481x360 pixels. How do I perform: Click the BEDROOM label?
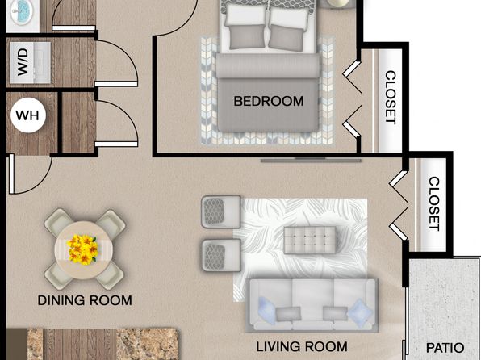point(269,101)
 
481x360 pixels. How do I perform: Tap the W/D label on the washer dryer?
point(23,62)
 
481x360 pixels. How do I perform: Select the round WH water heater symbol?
point(28,115)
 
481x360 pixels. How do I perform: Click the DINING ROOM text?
point(85,300)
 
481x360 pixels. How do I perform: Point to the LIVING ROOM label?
point(302,347)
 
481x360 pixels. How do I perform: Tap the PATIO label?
point(445,348)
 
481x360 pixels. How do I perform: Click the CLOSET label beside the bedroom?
point(390,98)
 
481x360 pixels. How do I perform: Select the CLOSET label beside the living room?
point(433,203)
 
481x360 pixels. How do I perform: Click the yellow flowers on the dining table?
point(83,249)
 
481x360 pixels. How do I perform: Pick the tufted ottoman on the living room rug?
point(310,240)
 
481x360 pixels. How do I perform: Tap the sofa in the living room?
point(312,305)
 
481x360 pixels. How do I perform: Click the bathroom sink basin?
point(23,11)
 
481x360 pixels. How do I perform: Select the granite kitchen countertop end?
point(147,344)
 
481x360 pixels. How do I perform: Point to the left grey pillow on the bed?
point(246,37)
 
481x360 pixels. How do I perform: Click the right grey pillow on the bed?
point(287,38)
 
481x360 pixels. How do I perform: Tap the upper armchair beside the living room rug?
point(221,211)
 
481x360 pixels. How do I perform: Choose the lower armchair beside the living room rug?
point(221,255)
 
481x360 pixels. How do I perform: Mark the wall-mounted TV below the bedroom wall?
point(311,160)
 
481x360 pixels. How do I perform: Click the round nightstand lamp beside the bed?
point(338,2)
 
